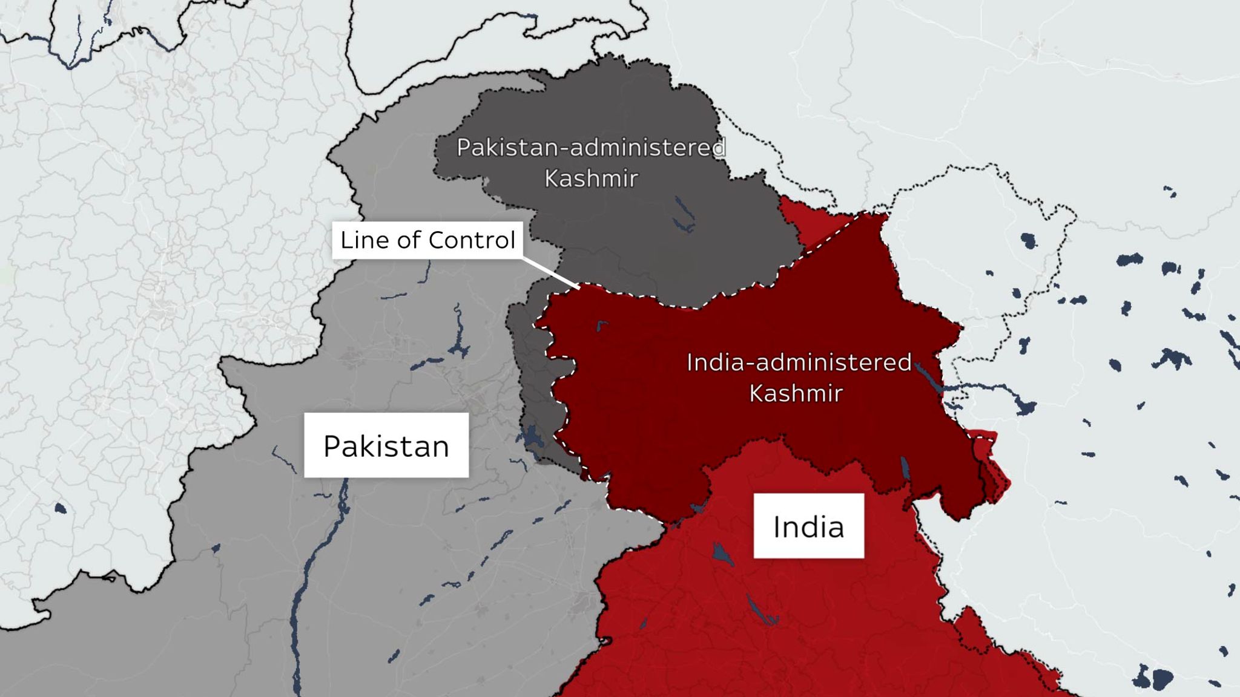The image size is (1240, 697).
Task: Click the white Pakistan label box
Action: [x=386, y=445]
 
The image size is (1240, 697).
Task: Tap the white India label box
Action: [x=808, y=526]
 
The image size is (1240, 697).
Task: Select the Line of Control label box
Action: [x=427, y=240]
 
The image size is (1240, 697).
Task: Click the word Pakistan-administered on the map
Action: [x=591, y=148]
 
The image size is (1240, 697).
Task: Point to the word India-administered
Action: [x=799, y=362]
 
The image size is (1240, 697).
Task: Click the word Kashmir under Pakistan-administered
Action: [x=591, y=178]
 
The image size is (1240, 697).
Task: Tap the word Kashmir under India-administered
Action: [x=796, y=393]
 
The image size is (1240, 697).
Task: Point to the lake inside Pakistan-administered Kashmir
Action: [x=685, y=215]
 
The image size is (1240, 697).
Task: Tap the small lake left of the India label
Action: [x=722, y=554]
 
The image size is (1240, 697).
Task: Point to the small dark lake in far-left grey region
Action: [x=60, y=508]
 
